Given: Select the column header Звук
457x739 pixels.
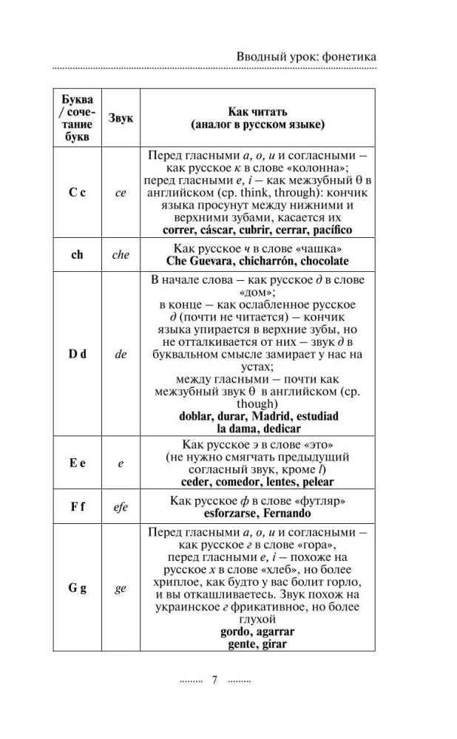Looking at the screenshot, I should click(121, 117).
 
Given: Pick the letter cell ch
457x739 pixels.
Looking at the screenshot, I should click(77, 255).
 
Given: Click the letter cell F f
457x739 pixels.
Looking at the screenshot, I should click(77, 507).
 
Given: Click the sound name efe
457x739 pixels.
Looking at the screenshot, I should click(121, 507).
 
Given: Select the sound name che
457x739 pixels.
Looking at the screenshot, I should click(121, 255).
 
